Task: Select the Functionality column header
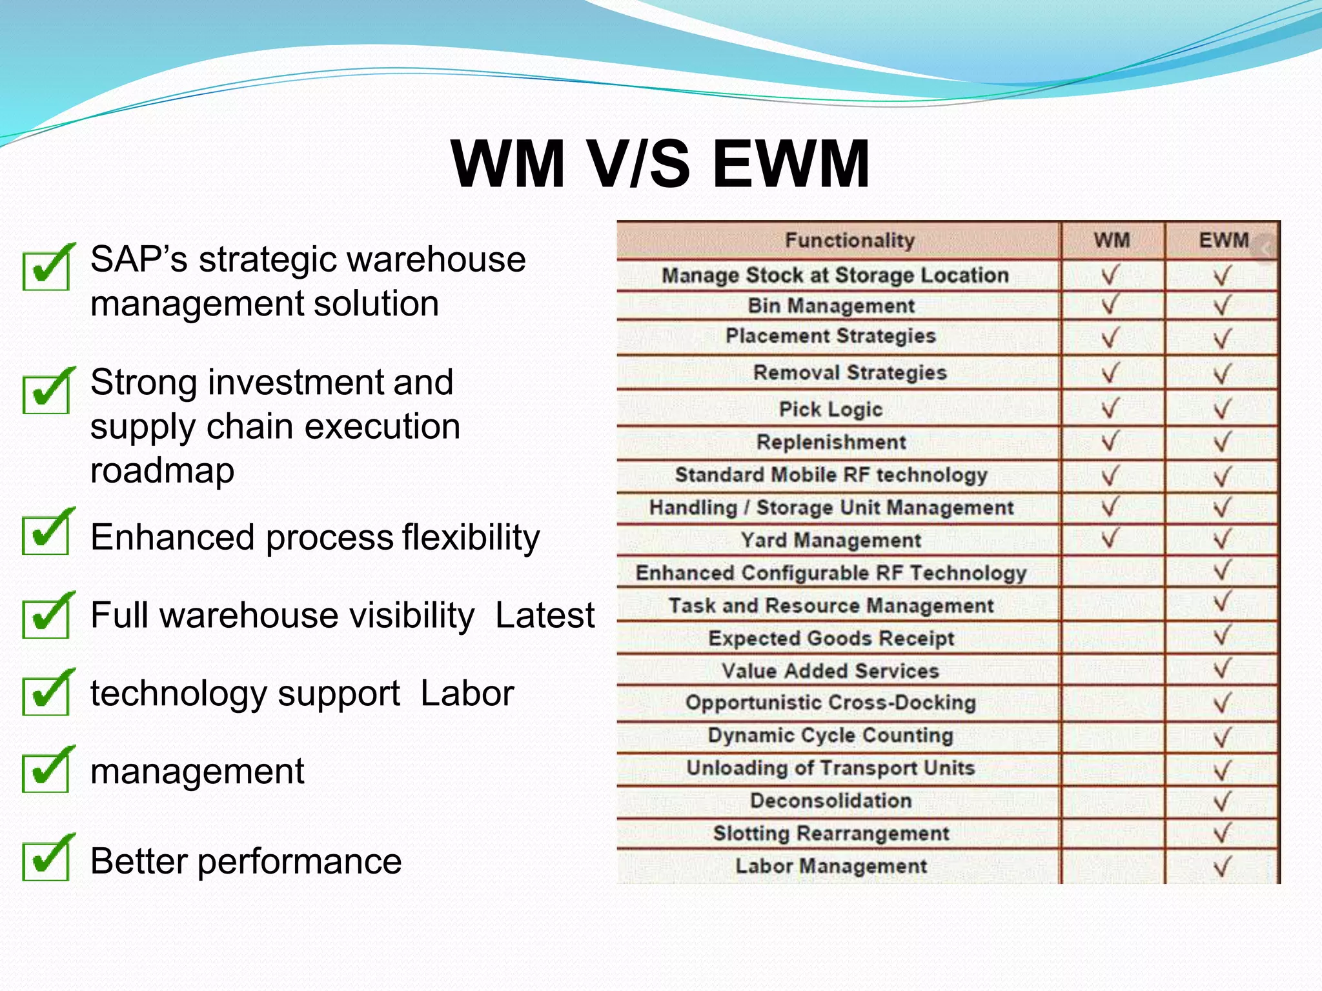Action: pyautogui.click(x=849, y=241)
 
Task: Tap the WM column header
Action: pyautogui.click(x=1112, y=241)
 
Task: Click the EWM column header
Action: pyautogui.click(x=1223, y=241)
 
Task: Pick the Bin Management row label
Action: pyautogui.click(x=831, y=306)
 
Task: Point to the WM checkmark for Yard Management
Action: pyautogui.click(x=1110, y=538)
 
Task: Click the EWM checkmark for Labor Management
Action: pyautogui.click(x=1222, y=866)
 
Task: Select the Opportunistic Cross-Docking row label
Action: pyautogui.click(x=831, y=703)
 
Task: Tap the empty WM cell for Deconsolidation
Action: pyautogui.click(x=1112, y=801)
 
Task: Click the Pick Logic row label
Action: pyautogui.click(x=831, y=409)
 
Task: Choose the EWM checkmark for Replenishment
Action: pyautogui.click(x=1222, y=443)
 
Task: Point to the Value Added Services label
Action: pyautogui.click(x=830, y=671)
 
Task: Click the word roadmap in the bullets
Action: pyautogui.click(x=162, y=470)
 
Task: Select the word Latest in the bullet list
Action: pyautogui.click(x=544, y=615)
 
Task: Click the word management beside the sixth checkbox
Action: pyautogui.click(x=197, y=772)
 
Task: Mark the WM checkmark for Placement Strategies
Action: pyautogui.click(x=1110, y=337)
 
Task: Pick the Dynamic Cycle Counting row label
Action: pyautogui.click(x=831, y=736)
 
